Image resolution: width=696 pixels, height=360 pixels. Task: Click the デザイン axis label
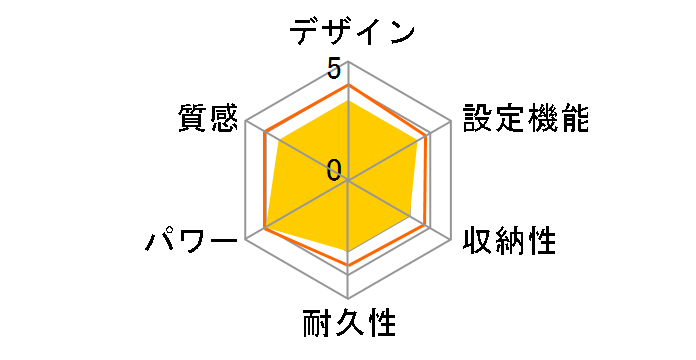[x=352, y=32]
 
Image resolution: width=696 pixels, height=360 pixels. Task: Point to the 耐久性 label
[x=348, y=325]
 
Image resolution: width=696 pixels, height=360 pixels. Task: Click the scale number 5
[x=334, y=69]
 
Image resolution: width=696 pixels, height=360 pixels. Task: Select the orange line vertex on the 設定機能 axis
[x=428, y=134]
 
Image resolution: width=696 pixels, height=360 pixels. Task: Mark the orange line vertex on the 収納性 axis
[x=428, y=228]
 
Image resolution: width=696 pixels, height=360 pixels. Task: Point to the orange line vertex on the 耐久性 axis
[x=347, y=265]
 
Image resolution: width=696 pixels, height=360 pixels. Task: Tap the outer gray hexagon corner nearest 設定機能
[x=449, y=122]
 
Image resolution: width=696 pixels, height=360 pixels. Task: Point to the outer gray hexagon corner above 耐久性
[x=347, y=298]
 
